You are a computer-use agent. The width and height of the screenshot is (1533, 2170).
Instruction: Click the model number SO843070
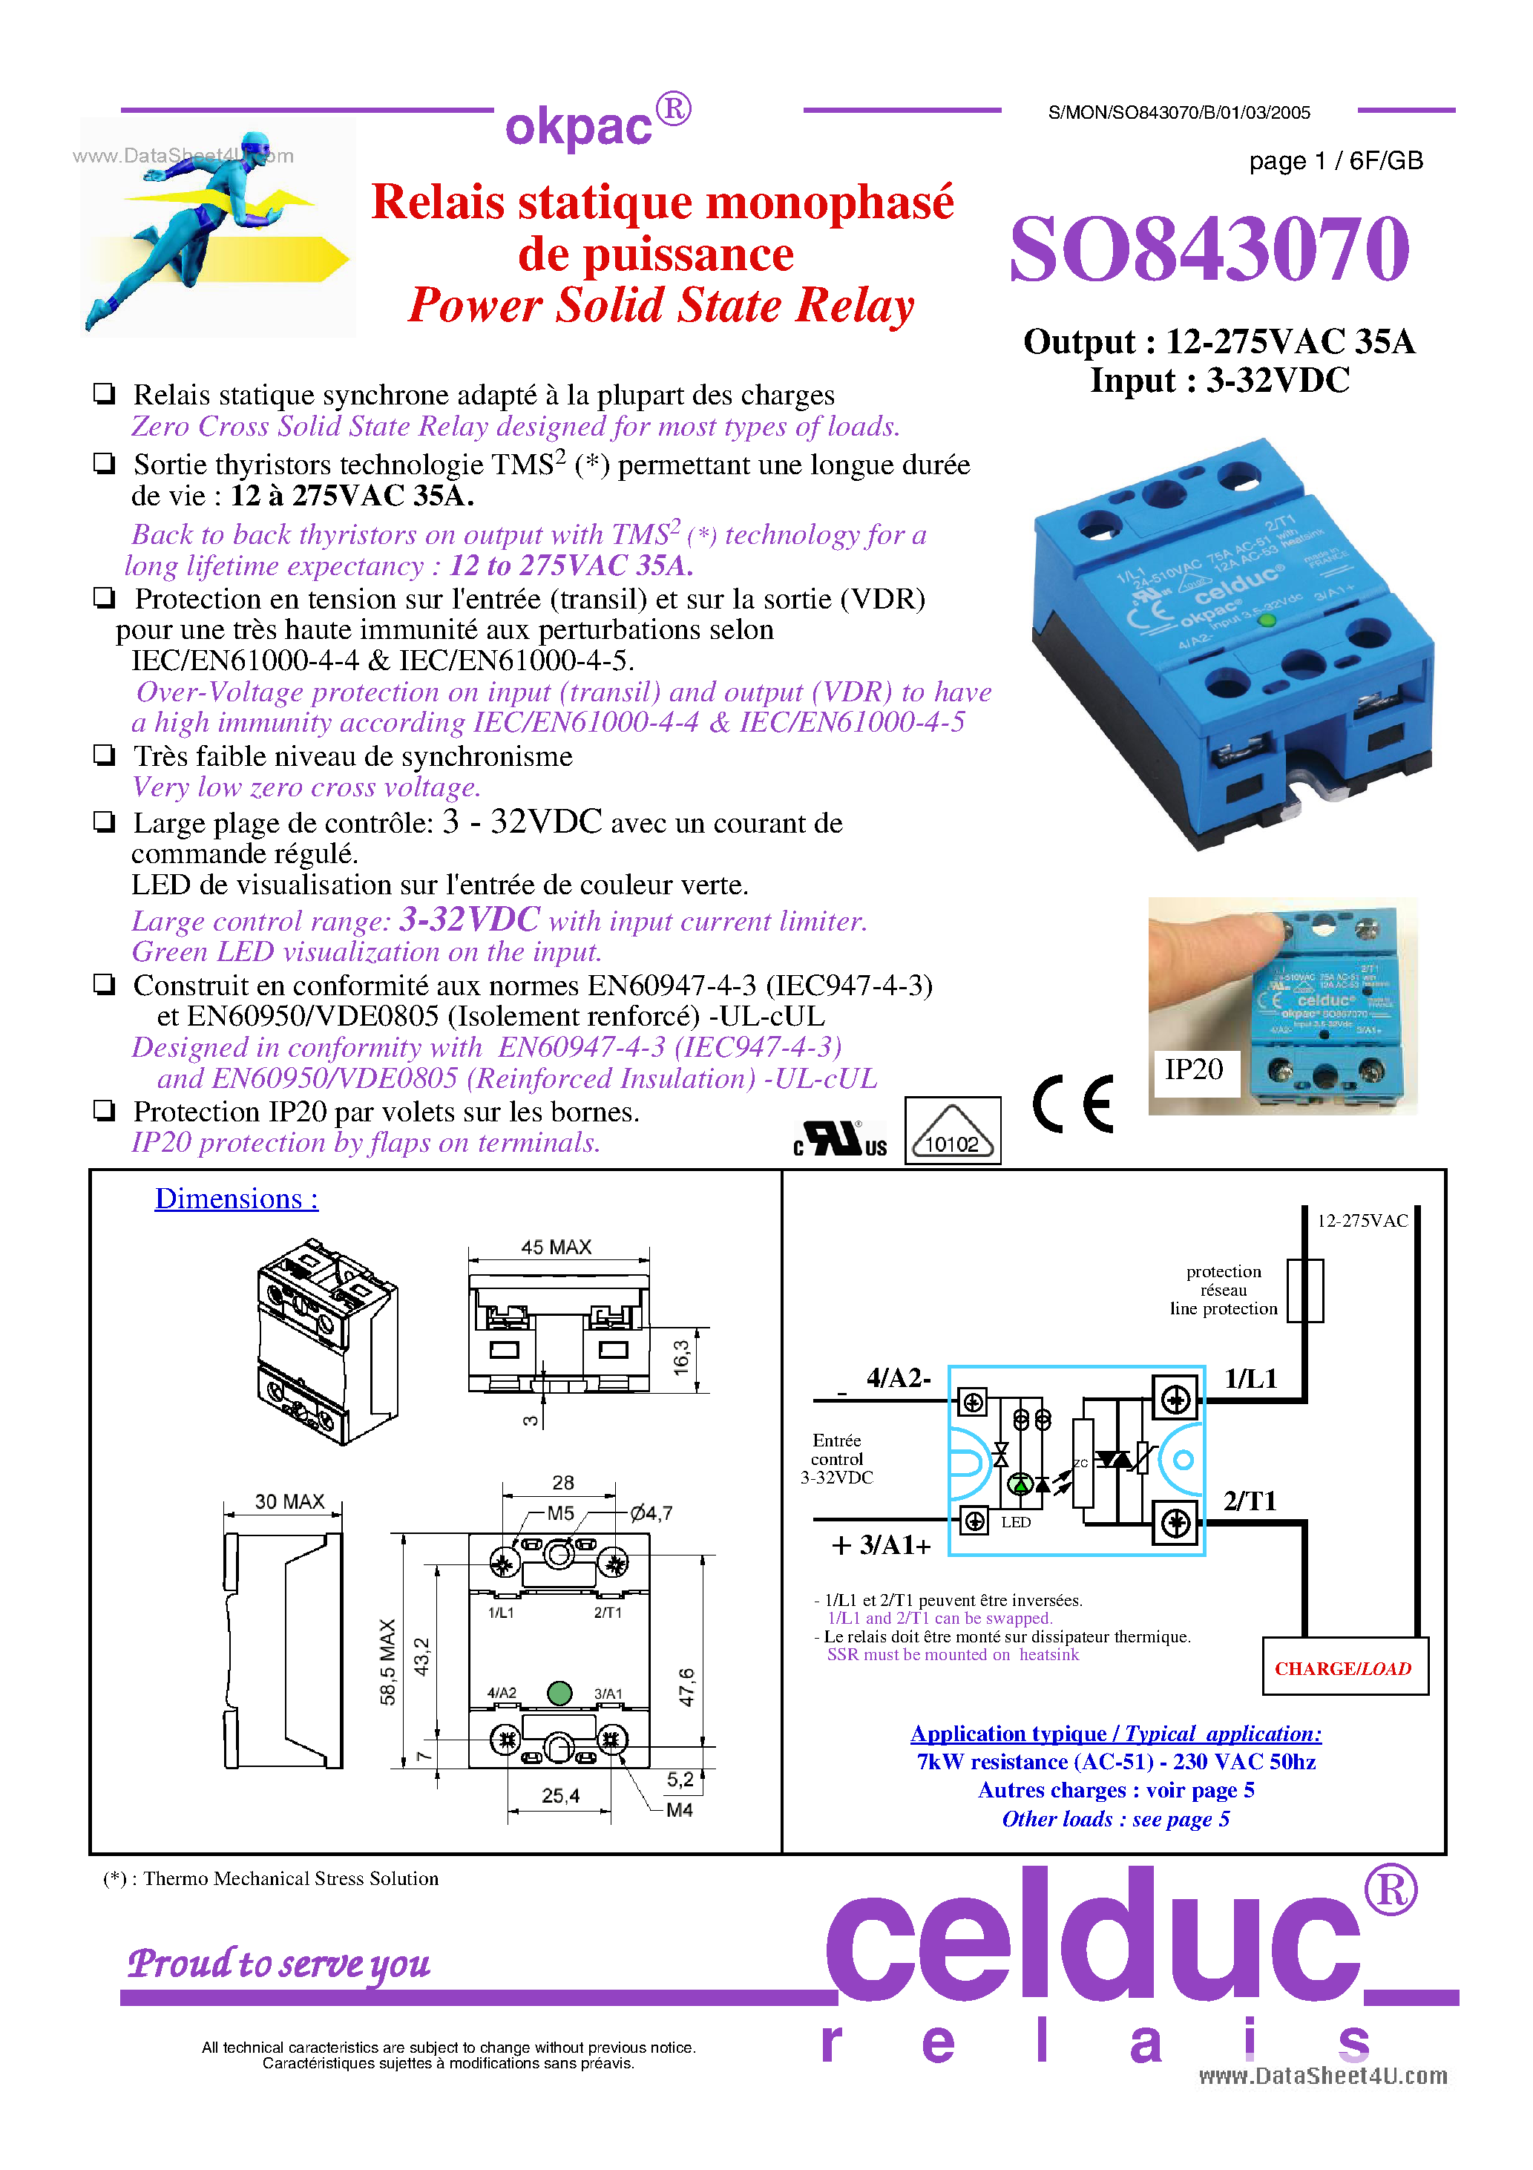(1209, 249)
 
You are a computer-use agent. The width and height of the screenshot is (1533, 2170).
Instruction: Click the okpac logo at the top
(597, 123)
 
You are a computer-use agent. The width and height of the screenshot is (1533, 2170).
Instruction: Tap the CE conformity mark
(1073, 1103)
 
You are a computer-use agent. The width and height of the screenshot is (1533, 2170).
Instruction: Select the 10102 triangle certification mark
(952, 1131)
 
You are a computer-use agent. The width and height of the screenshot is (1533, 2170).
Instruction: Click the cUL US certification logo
(840, 1139)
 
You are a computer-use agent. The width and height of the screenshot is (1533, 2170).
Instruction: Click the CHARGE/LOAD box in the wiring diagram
(1343, 1668)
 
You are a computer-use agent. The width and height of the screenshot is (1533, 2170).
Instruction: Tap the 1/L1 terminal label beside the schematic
(1250, 1379)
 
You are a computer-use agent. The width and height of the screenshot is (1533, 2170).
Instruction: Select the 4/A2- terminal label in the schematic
(898, 1378)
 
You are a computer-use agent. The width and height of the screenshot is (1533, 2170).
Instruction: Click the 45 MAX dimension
(556, 1248)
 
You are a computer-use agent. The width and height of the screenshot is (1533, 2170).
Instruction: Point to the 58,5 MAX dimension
(387, 1662)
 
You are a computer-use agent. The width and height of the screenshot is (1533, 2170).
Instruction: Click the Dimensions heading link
(236, 1199)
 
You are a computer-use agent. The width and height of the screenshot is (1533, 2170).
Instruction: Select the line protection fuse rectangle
(1305, 1290)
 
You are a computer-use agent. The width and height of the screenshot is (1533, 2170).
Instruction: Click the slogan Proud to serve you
(279, 1964)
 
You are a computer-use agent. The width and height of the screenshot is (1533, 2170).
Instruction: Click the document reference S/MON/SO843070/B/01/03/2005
(1178, 114)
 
